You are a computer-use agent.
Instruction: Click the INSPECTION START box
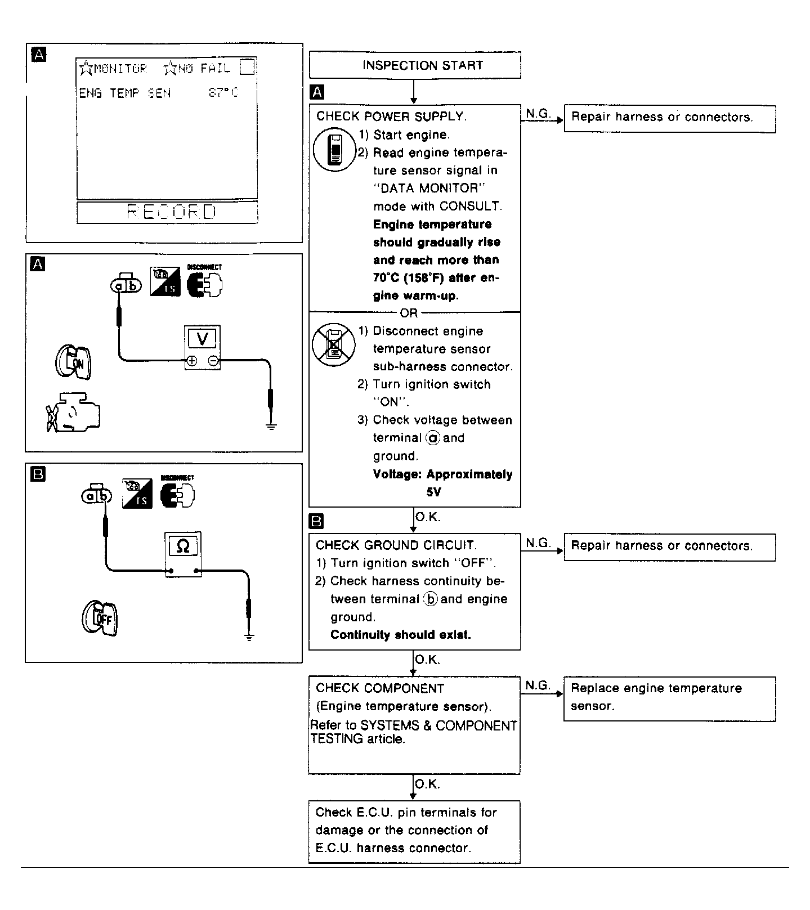(x=415, y=65)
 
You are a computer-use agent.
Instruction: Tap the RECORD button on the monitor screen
(x=167, y=212)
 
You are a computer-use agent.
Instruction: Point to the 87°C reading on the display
(x=223, y=93)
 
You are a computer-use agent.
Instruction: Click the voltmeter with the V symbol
(x=203, y=347)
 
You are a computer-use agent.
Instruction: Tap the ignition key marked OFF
(x=100, y=618)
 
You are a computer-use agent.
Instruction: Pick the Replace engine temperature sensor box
(x=669, y=698)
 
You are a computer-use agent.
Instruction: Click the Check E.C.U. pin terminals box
(x=414, y=831)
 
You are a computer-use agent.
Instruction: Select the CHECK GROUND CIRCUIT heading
(x=396, y=545)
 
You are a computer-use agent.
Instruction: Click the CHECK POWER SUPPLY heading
(x=391, y=116)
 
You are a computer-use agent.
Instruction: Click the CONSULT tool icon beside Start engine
(x=334, y=149)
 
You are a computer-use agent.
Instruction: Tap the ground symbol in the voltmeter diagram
(x=271, y=425)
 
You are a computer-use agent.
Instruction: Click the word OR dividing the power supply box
(x=409, y=313)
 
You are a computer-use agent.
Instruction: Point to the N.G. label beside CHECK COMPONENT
(x=538, y=685)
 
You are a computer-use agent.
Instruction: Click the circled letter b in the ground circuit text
(x=431, y=599)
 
